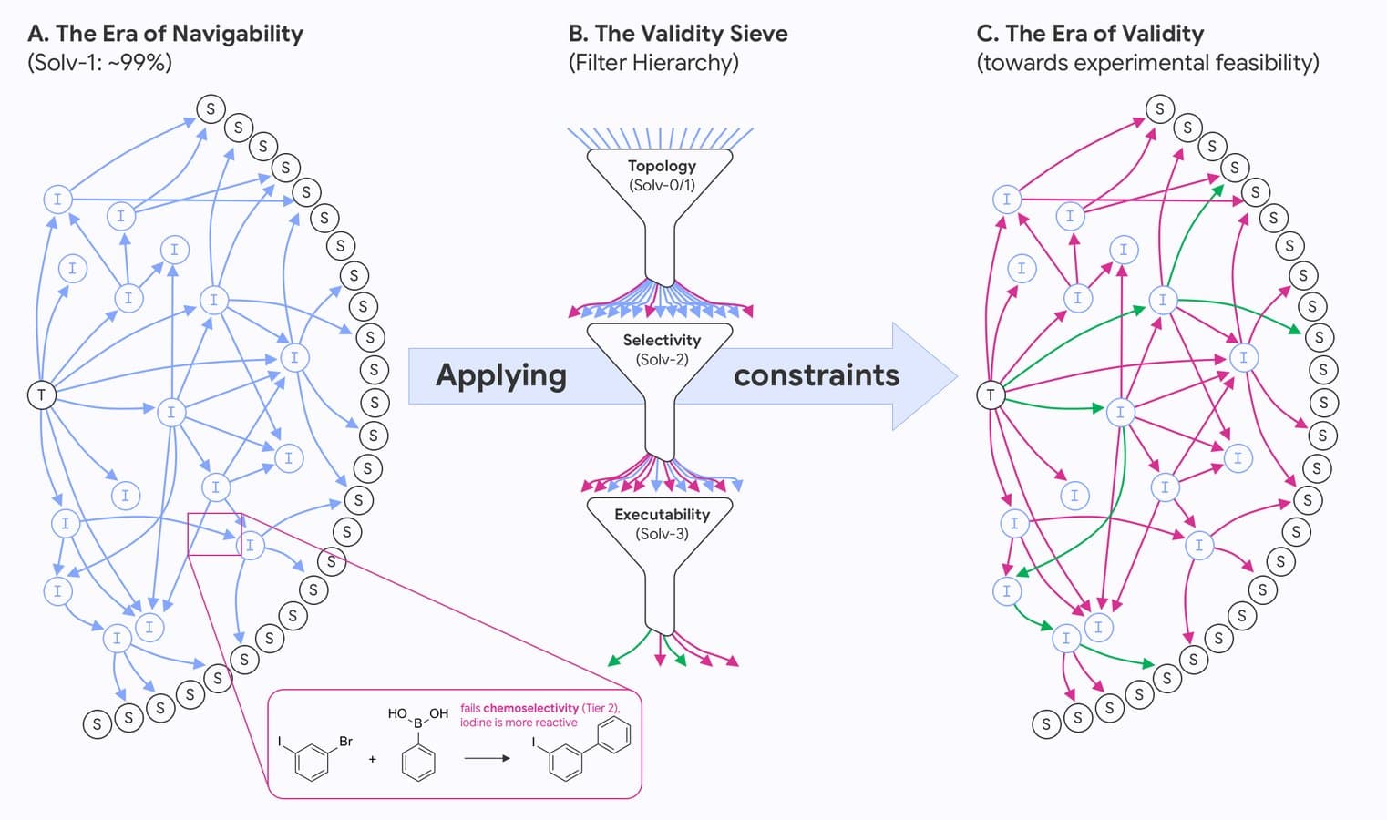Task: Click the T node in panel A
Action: click(x=41, y=395)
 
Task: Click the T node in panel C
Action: click(x=991, y=395)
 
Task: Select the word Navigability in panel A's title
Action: click(x=237, y=34)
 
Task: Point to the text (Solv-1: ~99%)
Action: click(x=99, y=63)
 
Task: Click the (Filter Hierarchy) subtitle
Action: click(x=653, y=63)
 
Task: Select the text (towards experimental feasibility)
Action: click(x=1147, y=63)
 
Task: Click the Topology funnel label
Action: click(x=662, y=166)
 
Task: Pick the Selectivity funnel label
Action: click(x=662, y=340)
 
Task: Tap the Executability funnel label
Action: click(x=662, y=514)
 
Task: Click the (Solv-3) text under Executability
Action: click(x=662, y=534)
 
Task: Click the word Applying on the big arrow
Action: click(x=501, y=375)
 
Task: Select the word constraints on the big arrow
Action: click(x=816, y=375)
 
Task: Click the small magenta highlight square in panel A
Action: click(x=214, y=534)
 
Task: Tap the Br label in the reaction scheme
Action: click(x=346, y=742)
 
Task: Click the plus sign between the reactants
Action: click(x=373, y=759)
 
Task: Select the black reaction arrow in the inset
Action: click(x=487, y=758)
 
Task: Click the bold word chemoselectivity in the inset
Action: click(x=530, y=708)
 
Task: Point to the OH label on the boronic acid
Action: click(x=439, y=713)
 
